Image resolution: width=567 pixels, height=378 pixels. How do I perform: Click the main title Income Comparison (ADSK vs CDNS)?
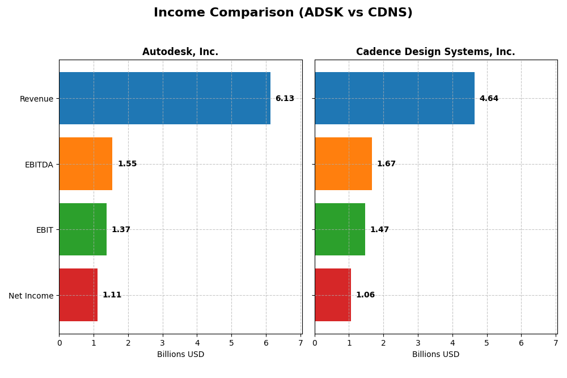pyautogui.click(x=283, y=13)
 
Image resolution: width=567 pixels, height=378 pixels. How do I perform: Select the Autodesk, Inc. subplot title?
pyautogui.click(x=180, y=52)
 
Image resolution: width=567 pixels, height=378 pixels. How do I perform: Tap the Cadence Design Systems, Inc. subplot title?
pyautogui.click(x=435, y=52)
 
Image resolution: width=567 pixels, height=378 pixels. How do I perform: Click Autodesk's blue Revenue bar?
pyautogui.click(x=164, y=98)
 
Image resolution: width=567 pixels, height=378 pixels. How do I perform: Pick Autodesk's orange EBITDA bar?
pyautogui.click(x=86, y=163)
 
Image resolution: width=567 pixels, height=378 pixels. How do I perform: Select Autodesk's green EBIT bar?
pyautogui.click(x=83, y=229)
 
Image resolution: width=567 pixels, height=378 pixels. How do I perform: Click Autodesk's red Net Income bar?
pyautogui.click(x=78, y=295)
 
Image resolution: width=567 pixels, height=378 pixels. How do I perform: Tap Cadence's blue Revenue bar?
pyautogui.click(x=395, y=98)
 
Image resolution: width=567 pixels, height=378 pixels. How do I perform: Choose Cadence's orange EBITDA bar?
pyautogui.click(x=343, y=163)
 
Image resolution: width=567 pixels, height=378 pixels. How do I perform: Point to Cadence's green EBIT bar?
pyautogui.click(x=340, y=229)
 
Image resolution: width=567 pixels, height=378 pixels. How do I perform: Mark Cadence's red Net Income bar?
pyautogui.click(x=333, y=295)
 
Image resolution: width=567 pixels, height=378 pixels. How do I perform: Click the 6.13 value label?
pyautogui.click(x=285, y=99)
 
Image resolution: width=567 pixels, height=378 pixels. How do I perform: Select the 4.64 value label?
pyautogui.click(x=489, y=99)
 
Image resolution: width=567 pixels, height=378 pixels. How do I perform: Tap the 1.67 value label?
pyautogui.click(x=386, y=164)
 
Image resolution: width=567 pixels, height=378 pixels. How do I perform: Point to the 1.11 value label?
pyautogui.click(x=112, y=295)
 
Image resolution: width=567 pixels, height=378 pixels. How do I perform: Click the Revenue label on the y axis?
pyautogui.click(x=36, y=99)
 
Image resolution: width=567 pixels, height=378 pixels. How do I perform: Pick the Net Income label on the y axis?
pyautogui.click(x=31, y=296)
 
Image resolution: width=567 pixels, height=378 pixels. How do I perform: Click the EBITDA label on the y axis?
pyautogui.click(x=39, y=165)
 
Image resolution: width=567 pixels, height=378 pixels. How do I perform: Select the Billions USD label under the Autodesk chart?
pyautogui.click(x=180, y=355)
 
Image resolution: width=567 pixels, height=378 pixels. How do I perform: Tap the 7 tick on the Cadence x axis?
pyautogui.click(x=556, y=343)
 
